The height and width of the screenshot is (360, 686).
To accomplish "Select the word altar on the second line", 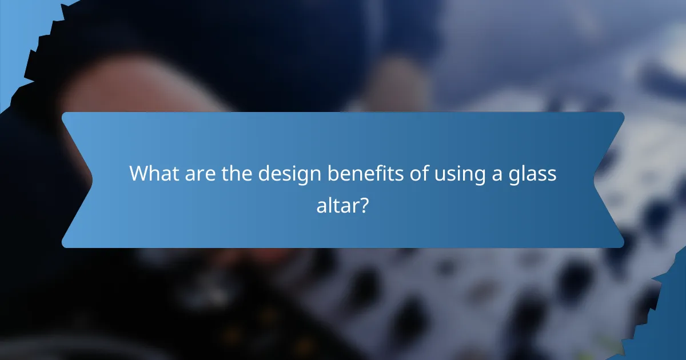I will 337,204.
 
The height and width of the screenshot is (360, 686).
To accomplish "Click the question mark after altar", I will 364,204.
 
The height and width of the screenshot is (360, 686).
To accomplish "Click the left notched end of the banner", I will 77,180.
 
